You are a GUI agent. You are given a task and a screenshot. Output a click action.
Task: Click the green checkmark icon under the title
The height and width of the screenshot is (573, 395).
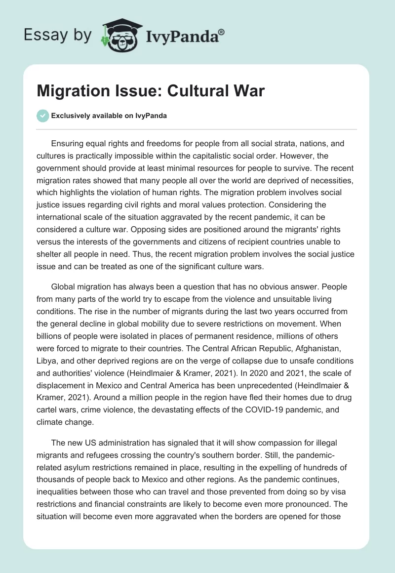tap(43, 116)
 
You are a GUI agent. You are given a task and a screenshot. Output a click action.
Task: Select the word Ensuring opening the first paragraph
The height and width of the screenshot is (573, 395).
tap(69, 144)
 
